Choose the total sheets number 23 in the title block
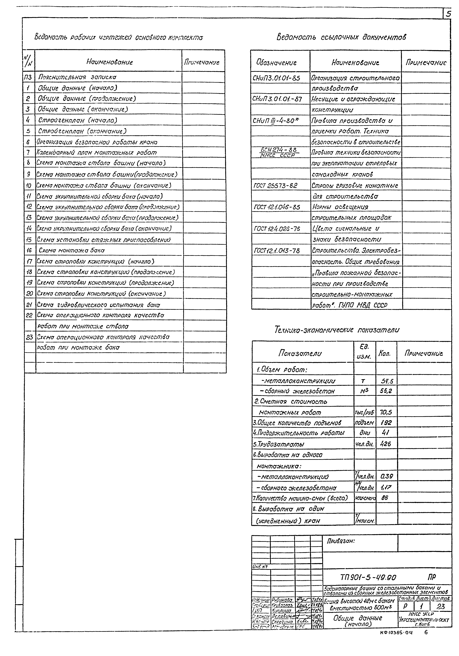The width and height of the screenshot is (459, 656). (441, 606)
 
